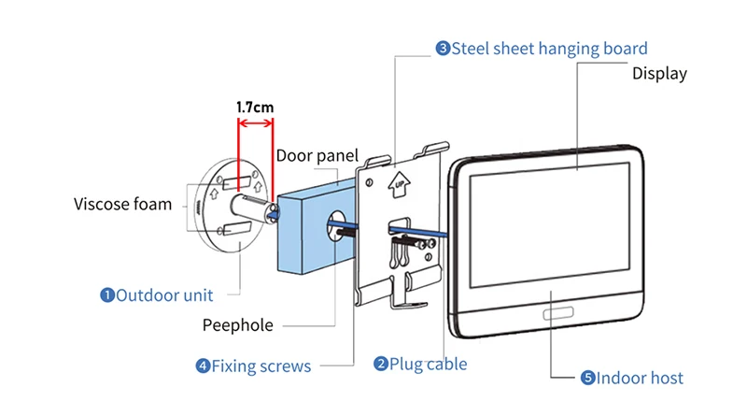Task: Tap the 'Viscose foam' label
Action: [x=122, y=204]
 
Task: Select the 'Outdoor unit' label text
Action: [x=165, y=295]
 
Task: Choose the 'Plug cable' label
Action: [x=428, y=364]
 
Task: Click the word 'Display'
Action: [x=659, y=74]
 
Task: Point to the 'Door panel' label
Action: [x=317, y=156]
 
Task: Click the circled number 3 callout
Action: [x=443, y=49]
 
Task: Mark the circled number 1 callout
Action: [x=107, y=295]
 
